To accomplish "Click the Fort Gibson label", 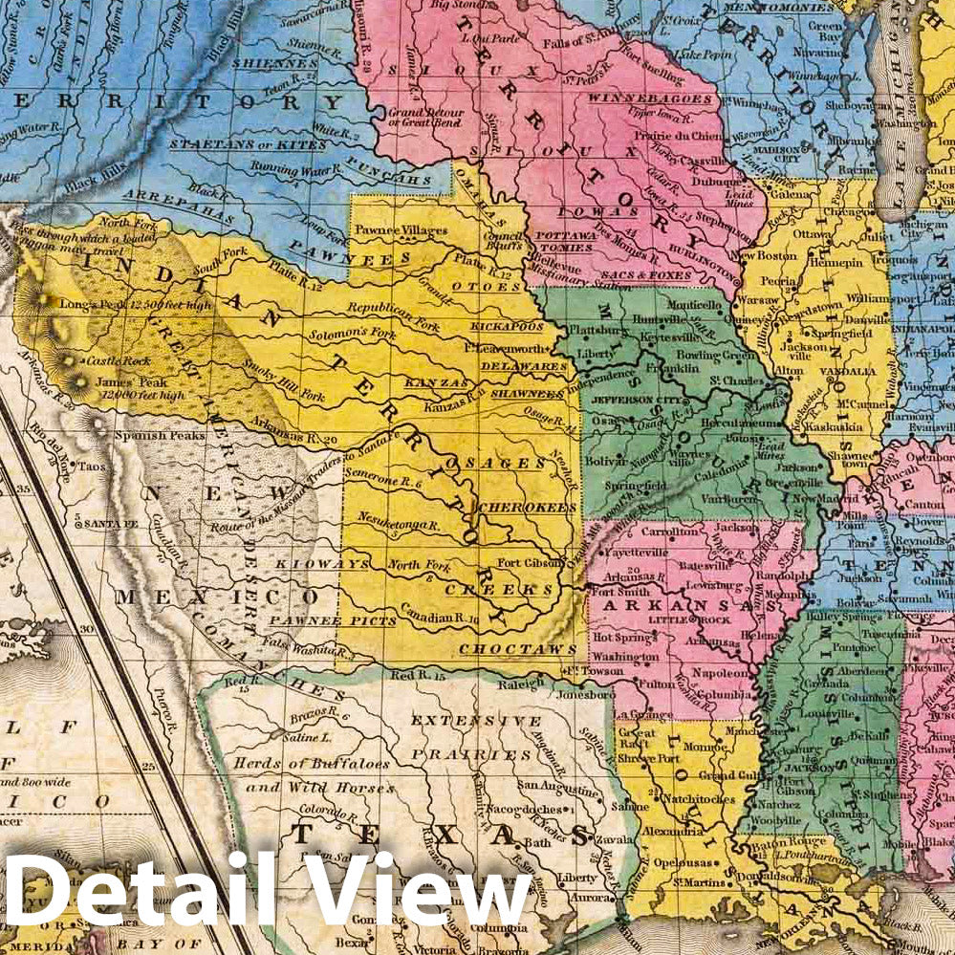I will pyautogui.click(x=524, y=562).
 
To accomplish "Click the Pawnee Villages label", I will pyautogui.click(x=401, y=231).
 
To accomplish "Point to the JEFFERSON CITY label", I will pyautogui.click(x=630, y=402).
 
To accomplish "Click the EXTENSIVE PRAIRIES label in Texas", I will pyautogui.click(x=471, y=736).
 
